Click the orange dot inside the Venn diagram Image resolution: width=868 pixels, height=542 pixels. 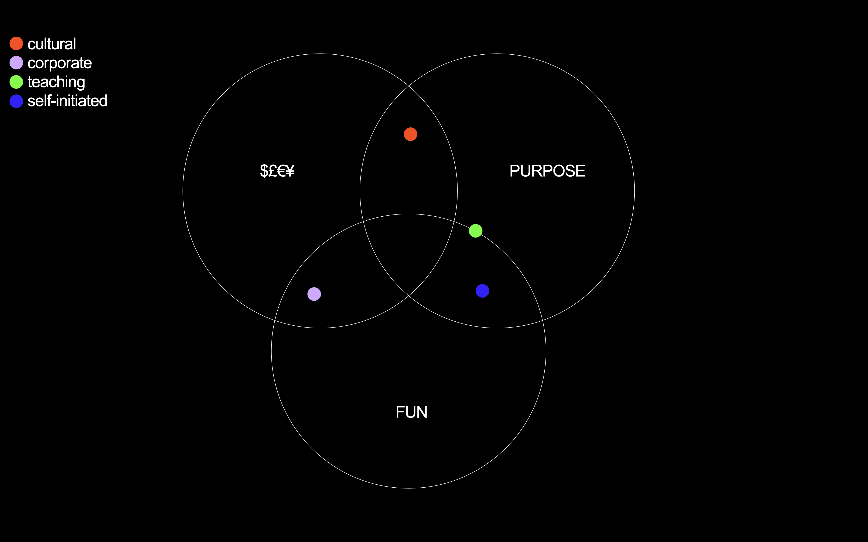click(410, 134)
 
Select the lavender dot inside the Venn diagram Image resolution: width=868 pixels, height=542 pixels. click(314, 294)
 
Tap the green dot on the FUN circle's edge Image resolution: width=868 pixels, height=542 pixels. click(476, 231)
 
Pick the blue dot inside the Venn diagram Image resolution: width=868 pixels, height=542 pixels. click(482, 291)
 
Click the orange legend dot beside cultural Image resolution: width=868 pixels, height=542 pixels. click(16, 43)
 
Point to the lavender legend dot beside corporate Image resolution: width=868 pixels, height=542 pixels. click(16, 63)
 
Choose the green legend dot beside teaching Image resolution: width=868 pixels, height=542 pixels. click(16, 82)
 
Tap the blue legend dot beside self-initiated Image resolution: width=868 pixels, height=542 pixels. click(16, 101)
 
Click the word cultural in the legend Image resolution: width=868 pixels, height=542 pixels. click(52, 44)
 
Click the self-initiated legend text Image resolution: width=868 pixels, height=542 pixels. click(67, 101)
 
